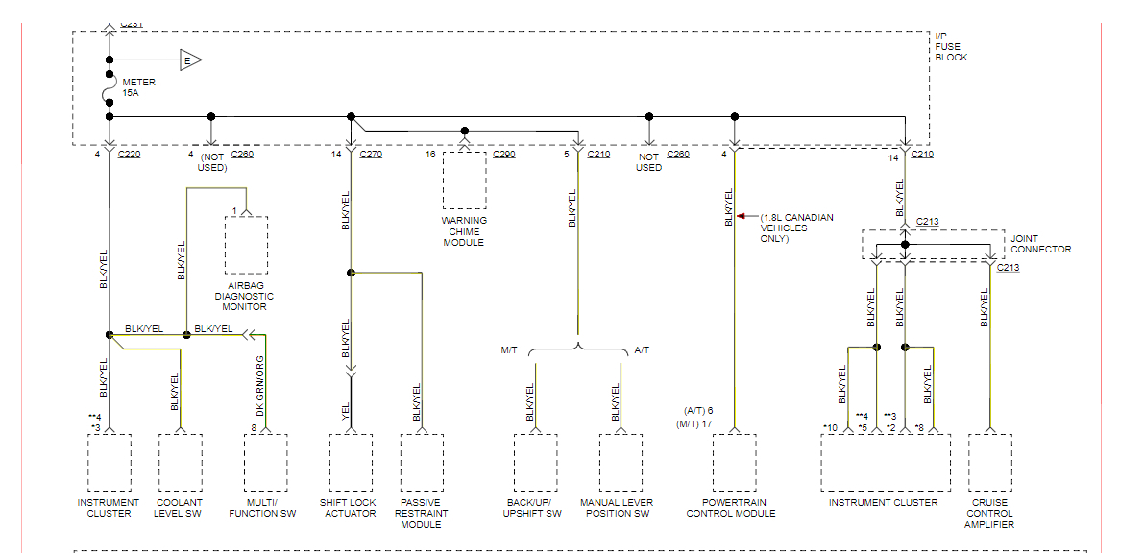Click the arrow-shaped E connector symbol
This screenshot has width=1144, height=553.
pos(189,60)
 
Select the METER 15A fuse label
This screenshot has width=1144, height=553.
pos(138,87)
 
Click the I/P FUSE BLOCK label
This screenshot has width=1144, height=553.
pos(951,46)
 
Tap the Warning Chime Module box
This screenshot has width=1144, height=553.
pos(464,180)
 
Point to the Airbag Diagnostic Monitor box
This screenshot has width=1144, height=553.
pos(246,246)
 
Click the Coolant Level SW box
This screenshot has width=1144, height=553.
pos(180,463)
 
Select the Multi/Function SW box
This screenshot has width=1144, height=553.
pos(266,463)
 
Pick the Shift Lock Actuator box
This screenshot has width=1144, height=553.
pos(351,463)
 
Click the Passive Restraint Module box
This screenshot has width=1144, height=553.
pos(422,463)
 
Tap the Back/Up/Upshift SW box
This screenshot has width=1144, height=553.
pos(535,463)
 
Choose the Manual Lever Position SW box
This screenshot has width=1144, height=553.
pos(621,463)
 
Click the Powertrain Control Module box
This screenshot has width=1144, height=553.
pos(734,463)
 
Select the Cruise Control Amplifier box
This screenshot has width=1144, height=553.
pos(989,463)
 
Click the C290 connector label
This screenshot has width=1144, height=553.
pos(504,155)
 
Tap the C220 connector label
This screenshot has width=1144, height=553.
pos(130,155)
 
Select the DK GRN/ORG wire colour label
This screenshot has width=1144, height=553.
pos(259,383)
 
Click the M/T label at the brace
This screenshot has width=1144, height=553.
pos(508,350)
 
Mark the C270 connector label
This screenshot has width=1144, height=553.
pos(371,155)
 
